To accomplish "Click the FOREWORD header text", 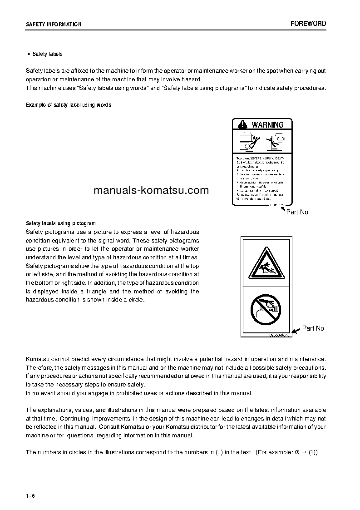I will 308,24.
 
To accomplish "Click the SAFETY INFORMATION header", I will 54,25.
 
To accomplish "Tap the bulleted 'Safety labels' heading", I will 47,54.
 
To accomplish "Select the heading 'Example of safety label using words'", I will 69,105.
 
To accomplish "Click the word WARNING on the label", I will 267,124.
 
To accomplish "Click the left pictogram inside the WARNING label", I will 247,141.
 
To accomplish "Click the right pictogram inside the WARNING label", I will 276,141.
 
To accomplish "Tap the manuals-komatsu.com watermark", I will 145,190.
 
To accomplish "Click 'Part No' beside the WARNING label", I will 297,212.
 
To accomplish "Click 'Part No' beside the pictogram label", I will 313,328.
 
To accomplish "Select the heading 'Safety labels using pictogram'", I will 61,223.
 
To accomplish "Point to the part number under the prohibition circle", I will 278,335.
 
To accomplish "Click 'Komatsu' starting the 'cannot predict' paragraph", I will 39,359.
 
